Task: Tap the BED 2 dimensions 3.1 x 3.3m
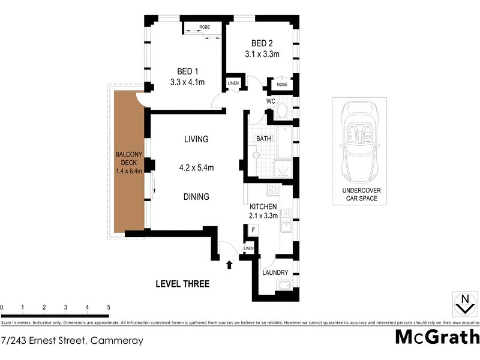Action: point(262,54)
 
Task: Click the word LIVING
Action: point(196,139)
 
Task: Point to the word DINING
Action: point(196,196)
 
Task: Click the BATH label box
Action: point(264,139)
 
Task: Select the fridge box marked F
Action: point(253,230)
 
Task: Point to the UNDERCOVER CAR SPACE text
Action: point(360,194)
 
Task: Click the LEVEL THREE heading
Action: point(182,284)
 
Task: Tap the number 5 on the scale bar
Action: point(109,308)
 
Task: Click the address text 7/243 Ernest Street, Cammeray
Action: point(72,341)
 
